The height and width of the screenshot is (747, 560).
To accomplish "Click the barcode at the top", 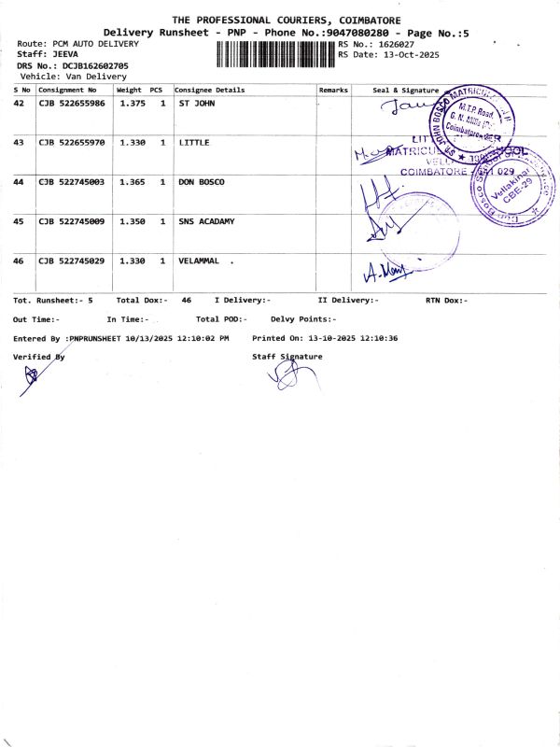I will (274, 54).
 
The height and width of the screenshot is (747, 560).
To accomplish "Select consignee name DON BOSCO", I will (202, 182).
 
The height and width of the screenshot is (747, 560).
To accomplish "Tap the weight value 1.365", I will (131, 182).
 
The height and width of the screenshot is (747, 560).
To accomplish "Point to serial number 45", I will (19, 221).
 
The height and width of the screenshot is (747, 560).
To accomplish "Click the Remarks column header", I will (333, 90).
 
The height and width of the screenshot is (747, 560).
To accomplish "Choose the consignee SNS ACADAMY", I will (206, 221).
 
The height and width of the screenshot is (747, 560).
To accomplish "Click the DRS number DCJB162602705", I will (95, 66).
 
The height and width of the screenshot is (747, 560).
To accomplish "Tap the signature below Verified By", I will (33, 375).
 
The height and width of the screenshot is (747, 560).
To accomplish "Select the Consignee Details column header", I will (210, 90).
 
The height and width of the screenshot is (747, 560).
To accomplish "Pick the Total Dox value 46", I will (187, 300).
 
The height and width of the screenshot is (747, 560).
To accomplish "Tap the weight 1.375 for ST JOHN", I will (131, 103).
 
